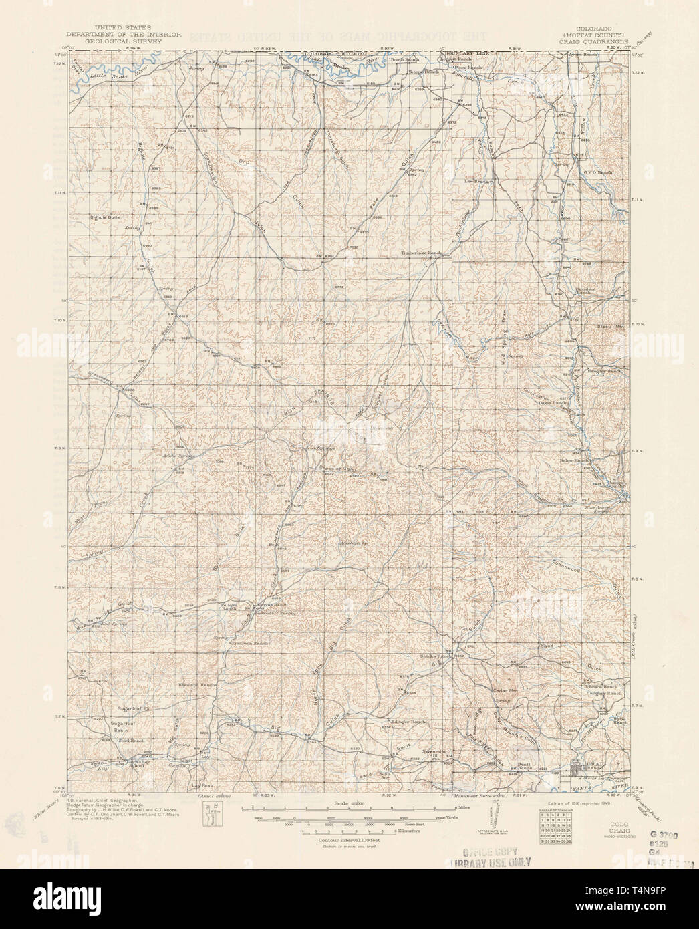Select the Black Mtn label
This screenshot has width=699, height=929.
(x=609, y=327)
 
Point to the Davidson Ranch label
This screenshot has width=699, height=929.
(x=585, y=289)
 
